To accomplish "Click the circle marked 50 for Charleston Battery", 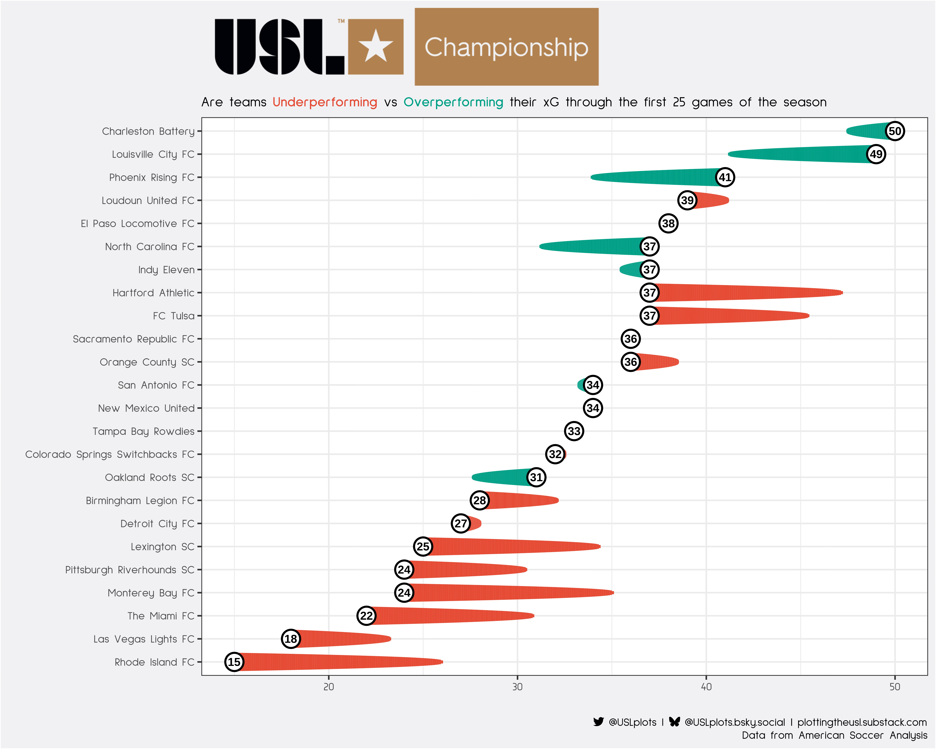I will tap(895, 131).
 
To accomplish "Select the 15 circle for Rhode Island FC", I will tap(234, 662).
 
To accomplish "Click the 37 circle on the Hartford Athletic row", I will tap(649, 293).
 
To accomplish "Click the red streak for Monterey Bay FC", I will tap(512, 593).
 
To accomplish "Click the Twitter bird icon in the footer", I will tap(598, 722).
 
